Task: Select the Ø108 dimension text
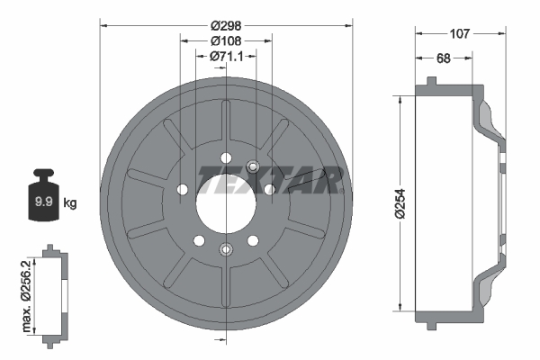pyautogui.click(x=225, y=40)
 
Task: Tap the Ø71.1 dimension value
pyautogui.click(x=225, y=56)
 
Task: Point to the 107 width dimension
pyautogui.click(x=459, y=33)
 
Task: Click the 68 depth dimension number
pyautogui.click(x=444, y=58)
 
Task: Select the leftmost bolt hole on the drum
pyautogui.click(x=184, y=190)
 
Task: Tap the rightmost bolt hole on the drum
pyautogui.click(x=268, y=189)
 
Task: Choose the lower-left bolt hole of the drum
pyautogui.click(x=199, y=239)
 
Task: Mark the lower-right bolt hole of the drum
pyautogui.click(x=252, y=239)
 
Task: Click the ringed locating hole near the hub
pyautogui.click(x=252, y=166)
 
